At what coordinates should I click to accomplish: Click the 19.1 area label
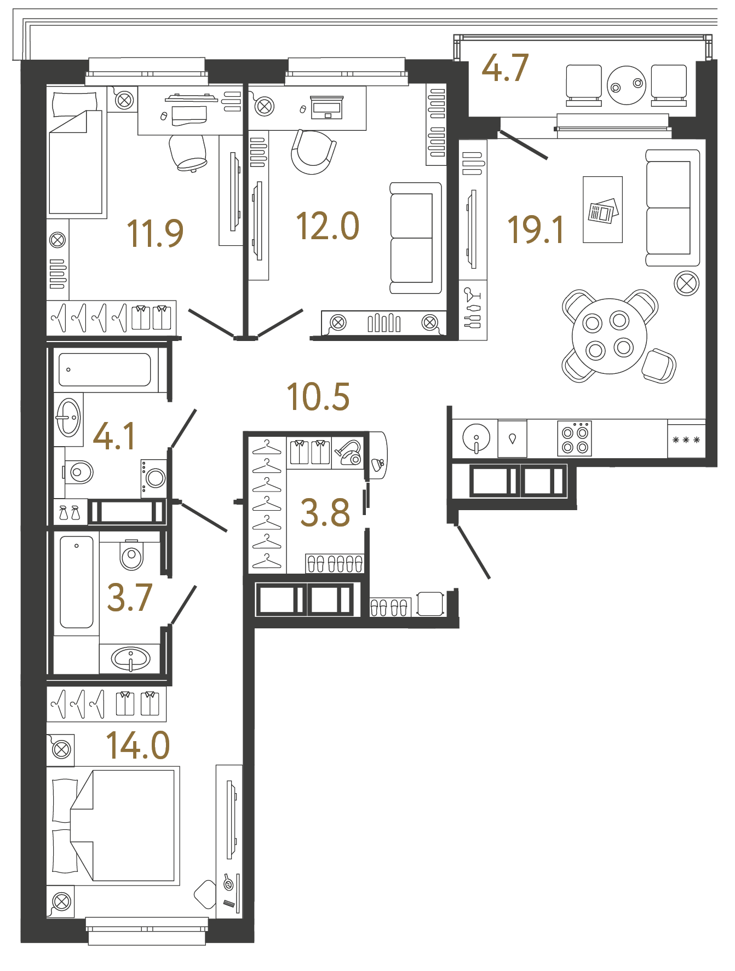[535, 229]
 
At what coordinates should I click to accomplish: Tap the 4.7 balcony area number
[504, 68]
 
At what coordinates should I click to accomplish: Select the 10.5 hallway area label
[318, 397]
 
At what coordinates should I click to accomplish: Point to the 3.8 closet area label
[325, 513]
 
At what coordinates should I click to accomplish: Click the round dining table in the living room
[608, 336]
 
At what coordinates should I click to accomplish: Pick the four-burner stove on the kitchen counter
[575, 438]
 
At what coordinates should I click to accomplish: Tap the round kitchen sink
[476, 438]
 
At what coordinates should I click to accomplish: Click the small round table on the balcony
[626, 85]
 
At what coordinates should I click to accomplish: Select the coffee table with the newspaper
[602, 210]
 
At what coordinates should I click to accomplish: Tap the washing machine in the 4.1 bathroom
[153, 478]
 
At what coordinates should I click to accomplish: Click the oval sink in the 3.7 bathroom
[130, 658]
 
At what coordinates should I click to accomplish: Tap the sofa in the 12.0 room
[416, 238]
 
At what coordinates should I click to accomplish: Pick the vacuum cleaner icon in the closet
[348, 453]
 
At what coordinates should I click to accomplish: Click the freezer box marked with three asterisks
[686, 440]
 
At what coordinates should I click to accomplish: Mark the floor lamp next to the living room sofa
[686, 284]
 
